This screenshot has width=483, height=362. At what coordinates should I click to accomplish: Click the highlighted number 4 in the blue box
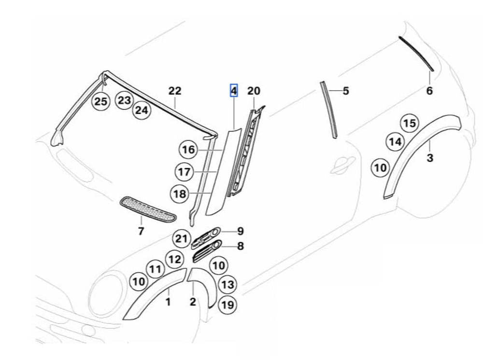tap(234, 90)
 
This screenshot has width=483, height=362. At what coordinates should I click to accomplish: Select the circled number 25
tap(101, 101)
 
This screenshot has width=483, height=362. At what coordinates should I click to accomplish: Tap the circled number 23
tap(125, 100)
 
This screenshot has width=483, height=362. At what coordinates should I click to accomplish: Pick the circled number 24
tap(141, 110)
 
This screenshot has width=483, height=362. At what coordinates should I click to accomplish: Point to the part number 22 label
tap(174, 91)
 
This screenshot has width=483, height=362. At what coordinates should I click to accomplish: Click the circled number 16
tap(188, 150)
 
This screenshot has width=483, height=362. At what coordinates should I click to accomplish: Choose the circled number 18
tap(180, 194)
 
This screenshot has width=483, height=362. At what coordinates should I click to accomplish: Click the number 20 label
tap(254, 91)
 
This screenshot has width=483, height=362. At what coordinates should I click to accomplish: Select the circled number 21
tap(181, 238)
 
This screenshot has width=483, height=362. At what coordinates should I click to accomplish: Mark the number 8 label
tap(240, 246)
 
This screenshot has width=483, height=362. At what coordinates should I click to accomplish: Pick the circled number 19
tap(227, 304)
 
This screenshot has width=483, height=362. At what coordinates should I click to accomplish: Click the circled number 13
tap(228, 285)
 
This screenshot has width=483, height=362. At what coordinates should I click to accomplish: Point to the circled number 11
tap(155, 270)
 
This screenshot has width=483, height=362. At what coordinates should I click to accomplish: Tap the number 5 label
tap(345, 91)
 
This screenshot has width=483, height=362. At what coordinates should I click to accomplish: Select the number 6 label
tap(429, 90)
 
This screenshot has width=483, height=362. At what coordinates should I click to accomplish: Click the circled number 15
tap(410, 123)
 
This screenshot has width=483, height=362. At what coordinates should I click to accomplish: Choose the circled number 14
tap(395, 142)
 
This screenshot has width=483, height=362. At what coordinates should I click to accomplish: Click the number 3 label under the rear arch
tap(430, 158)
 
